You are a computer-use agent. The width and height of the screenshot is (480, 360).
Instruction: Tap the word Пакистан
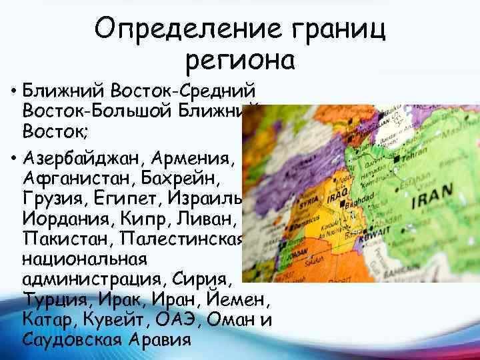pos(63,238)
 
